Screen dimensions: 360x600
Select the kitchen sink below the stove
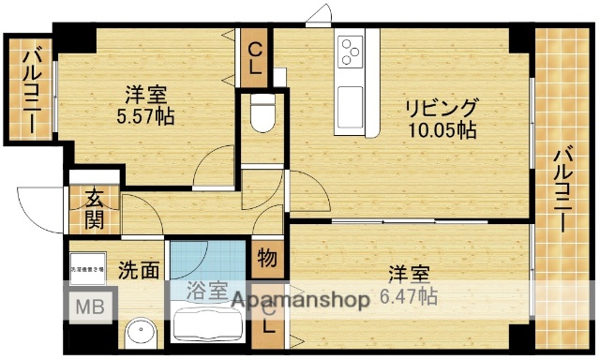[x=350, y=94]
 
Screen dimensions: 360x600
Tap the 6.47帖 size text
[x=411, y=297]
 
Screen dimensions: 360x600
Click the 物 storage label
[x=265, y=257]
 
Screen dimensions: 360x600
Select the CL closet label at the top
[x=255, y=59]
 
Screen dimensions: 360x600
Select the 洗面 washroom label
[x=137, y=272]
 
